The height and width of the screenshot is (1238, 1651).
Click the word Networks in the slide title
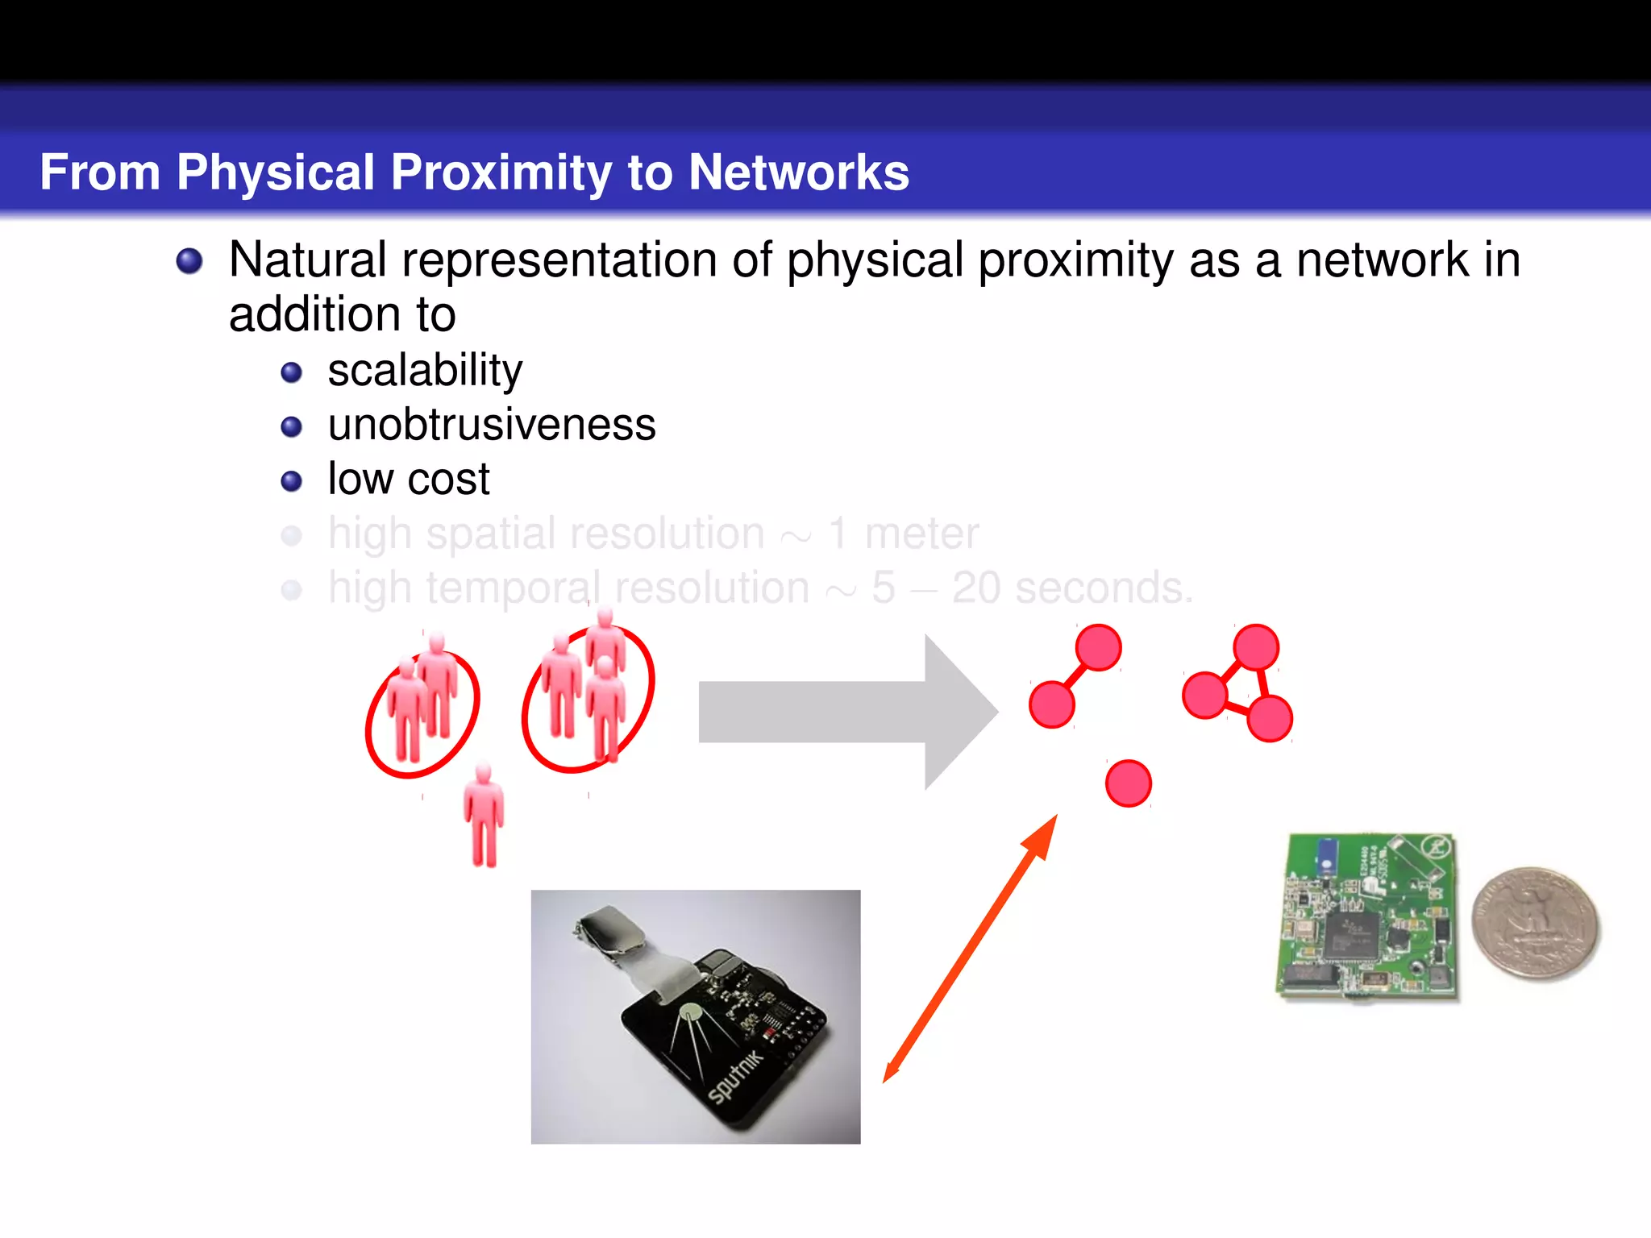point(798,172)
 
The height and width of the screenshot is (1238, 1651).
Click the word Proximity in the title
point(501,172)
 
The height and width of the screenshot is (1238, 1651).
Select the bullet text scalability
point(425,372)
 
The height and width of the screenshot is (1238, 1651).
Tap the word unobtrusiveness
point(492,426)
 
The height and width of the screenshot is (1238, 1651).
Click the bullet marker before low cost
point(291,481)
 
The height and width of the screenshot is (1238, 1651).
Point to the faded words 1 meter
point(903,534)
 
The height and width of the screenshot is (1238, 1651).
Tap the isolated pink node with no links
point(1128,783)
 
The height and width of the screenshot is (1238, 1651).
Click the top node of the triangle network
point(1255,647)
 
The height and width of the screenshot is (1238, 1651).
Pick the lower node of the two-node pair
point(1052,704)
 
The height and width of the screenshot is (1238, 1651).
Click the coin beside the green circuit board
point(1535,924)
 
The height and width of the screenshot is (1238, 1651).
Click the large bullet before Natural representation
point(189,261)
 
